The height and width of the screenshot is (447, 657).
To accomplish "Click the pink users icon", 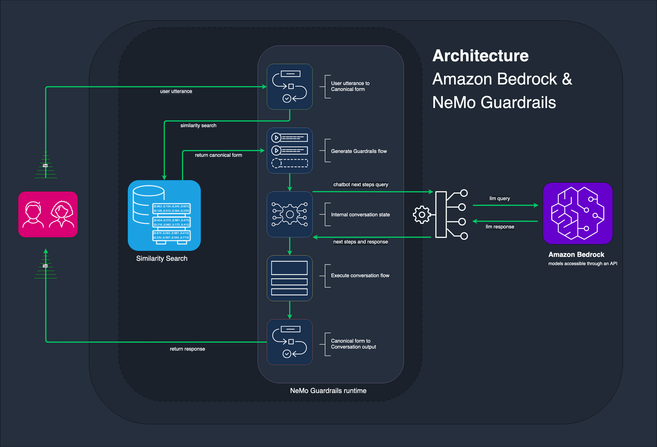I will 48,214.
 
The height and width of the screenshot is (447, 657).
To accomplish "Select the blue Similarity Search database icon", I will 164,215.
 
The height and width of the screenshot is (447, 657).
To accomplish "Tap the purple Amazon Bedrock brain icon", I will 578,213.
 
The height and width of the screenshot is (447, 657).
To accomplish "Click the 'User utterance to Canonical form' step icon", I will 289,87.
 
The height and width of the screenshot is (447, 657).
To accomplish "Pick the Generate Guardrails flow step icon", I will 289,150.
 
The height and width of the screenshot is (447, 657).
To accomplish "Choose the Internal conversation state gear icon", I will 289,214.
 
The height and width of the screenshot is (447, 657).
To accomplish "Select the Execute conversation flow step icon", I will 289,278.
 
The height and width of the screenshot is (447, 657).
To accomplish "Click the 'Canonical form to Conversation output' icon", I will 289,342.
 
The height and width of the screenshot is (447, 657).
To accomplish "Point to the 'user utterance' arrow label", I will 176,91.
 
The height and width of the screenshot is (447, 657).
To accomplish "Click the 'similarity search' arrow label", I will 198,125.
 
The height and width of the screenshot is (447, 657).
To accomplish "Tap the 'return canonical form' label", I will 218,155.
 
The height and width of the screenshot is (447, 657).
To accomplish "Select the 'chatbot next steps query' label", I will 361,185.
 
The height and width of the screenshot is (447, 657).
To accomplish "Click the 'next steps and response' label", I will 360,242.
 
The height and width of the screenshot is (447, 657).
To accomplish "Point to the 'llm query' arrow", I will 505,205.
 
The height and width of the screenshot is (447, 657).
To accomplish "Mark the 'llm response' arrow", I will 505,221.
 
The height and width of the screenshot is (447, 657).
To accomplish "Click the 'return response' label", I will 187,349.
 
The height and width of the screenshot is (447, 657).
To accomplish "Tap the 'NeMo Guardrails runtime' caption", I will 328,391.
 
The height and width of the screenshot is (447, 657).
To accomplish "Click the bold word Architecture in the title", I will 480,56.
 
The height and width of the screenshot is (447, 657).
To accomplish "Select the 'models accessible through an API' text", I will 582,263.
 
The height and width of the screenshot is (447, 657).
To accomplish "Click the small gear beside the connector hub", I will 422,214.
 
